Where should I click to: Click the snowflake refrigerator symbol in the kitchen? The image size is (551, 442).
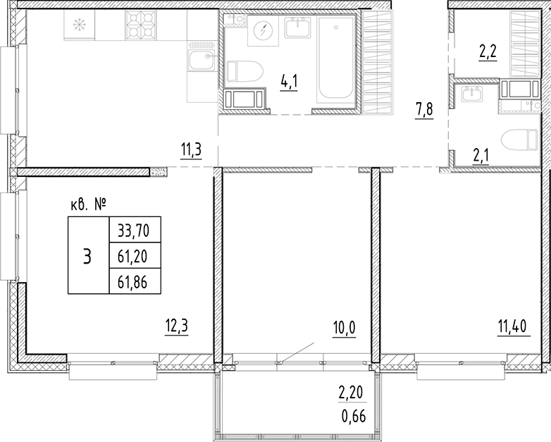click(79, 25)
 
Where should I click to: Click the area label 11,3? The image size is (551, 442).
click(191, 150)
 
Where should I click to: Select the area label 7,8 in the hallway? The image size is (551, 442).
click(424, 111)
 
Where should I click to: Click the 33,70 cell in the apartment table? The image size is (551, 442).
click(133, 228)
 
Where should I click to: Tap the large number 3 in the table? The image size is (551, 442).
click(87, 255)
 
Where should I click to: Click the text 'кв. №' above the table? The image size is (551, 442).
click(89, 205)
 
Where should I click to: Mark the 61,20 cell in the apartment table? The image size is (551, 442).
click(133, 254)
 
